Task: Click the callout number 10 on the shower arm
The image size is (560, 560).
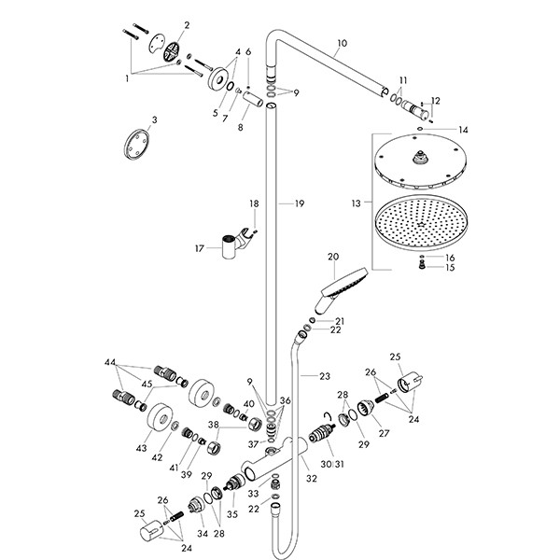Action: pyautogui.click(x=341, y=44)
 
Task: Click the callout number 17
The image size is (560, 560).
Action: pyautogui.click(x=198, y=248)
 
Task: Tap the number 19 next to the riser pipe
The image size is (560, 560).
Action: pyautogui.click(x=299, y=203)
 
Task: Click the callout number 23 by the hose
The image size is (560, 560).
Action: pyautogui.click(x=324, y=376)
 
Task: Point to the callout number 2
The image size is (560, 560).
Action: pyautogui.click(x=186, y=25)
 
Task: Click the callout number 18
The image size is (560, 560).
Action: pyautogui.click(x=253, y=203)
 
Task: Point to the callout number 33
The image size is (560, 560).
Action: pyautogui.click(x=254, y=493)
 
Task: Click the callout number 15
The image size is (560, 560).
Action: pyautogui.click(x=450, y=268)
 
